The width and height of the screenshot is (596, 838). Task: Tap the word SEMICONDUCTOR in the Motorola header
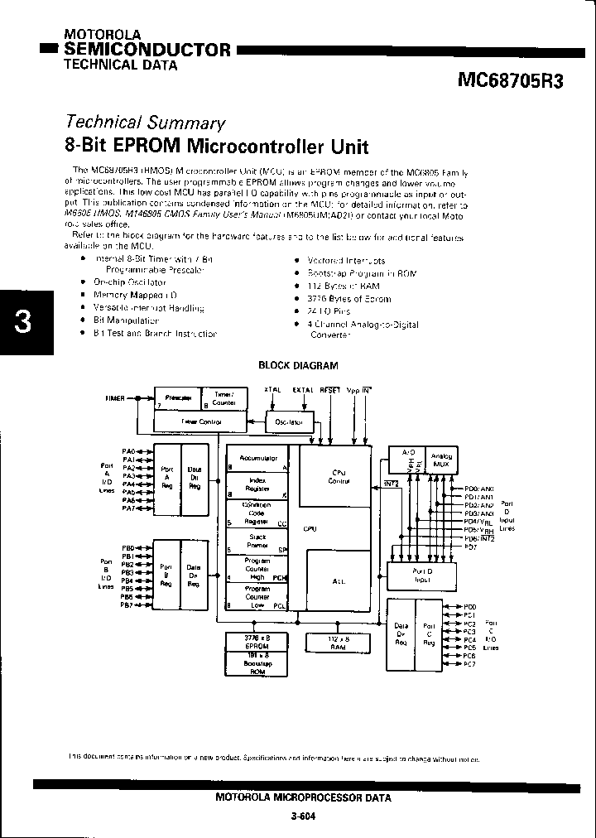coord(147,50)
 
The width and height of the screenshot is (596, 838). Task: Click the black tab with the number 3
coord(22,322)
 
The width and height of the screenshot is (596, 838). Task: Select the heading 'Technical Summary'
coord(145,123)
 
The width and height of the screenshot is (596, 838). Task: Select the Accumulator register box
coord(258,459)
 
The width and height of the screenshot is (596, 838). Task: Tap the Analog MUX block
coord(442,460)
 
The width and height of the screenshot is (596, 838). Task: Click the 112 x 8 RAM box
coord(338,643)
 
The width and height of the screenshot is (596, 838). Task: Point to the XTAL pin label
coord(272,389)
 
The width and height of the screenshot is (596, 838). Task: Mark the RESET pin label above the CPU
coord(329,389)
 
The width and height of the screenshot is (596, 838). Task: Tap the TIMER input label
coord(115,398)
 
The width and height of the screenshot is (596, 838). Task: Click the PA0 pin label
coord(128,451)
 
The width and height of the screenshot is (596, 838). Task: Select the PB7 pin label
coord(127,605)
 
